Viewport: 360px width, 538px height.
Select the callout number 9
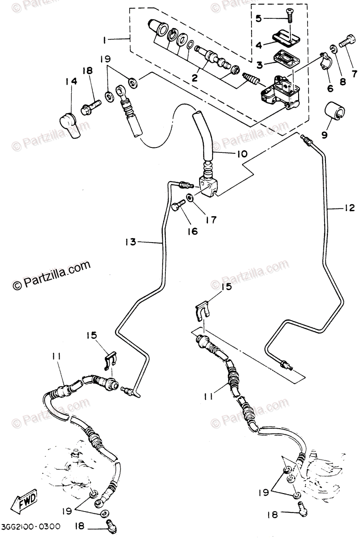[x=324, y=133]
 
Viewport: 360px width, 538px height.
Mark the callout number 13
[x=131, y=242]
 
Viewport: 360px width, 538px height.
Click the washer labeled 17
[x=191, y=198]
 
